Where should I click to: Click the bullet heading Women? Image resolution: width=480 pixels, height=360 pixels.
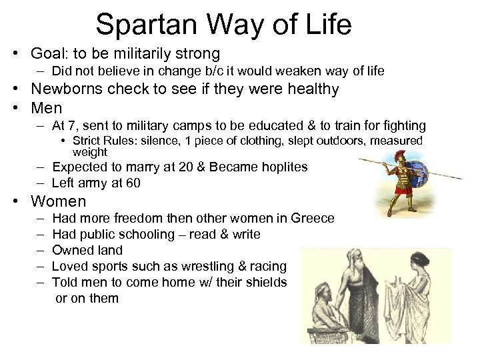(x=59, y=201)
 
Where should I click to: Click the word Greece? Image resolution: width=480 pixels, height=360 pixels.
(x=316, y=218)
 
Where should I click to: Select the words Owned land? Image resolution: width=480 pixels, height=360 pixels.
(x=87, y=250)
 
